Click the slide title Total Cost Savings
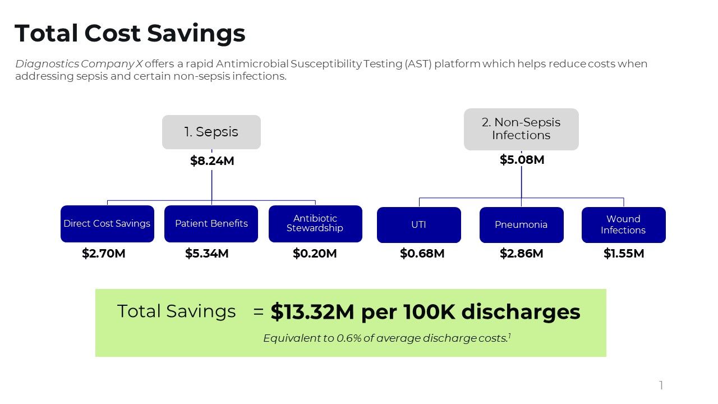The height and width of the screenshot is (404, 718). point(130,33)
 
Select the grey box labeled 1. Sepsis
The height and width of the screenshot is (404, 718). point(211,132)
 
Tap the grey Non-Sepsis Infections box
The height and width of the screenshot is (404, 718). point(521,129)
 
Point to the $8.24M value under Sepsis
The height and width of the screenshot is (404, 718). point(212,161)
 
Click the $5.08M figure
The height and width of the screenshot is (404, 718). point(522,160)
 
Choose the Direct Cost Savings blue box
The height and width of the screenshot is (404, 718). point(107,224)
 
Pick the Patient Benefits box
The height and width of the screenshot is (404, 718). point(211,224)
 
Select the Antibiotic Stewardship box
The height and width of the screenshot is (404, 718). point(315,224)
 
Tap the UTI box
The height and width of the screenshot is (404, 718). point(418,225)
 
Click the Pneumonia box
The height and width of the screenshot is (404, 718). point(521,225)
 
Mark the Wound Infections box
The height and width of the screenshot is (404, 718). point(623,225)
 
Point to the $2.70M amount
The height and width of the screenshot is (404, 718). point(104,254)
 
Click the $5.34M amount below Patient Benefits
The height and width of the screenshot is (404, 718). point(207,254)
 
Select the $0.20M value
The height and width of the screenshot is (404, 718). point(315,254)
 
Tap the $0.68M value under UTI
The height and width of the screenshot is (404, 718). point(422,254)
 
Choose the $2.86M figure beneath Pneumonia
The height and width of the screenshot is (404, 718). point(521,254)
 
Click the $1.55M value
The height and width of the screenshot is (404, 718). point(624,254)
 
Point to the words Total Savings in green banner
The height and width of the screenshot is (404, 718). point(177,311)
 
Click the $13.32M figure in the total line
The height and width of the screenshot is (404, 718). point(312,312)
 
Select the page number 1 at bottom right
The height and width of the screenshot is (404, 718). point(661,385)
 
